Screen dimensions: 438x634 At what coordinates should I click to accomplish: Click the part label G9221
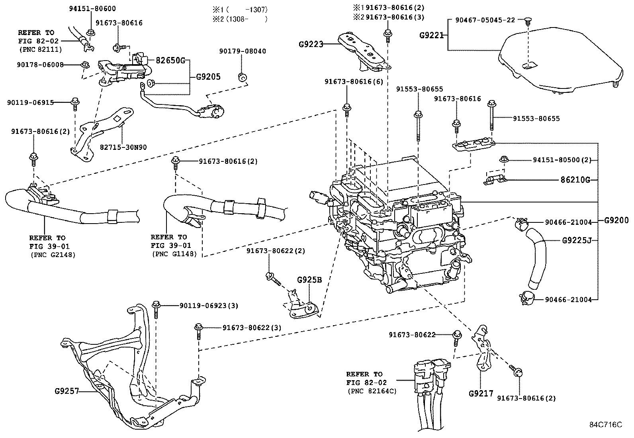coord(431,35)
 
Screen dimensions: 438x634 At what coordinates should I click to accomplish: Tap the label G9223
coord(311,44)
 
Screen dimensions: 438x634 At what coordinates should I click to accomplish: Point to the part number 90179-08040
coord(243,51)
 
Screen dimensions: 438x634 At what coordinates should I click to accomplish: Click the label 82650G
coord(170,61)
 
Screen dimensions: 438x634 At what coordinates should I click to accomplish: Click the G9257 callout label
coord(67,391)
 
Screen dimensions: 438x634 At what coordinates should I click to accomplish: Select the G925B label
coord(309,280)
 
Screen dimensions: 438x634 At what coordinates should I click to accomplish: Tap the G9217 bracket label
coord(481,394)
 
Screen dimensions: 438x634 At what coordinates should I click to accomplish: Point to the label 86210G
coord(575,180)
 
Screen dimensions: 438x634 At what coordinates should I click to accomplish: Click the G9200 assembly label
coord(616,220)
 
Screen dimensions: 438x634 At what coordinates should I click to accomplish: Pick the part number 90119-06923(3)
coord(209,306)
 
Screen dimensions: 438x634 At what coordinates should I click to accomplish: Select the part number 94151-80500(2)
coord(562,160)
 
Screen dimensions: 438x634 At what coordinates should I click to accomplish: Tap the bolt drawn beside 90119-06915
coord(74,104)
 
